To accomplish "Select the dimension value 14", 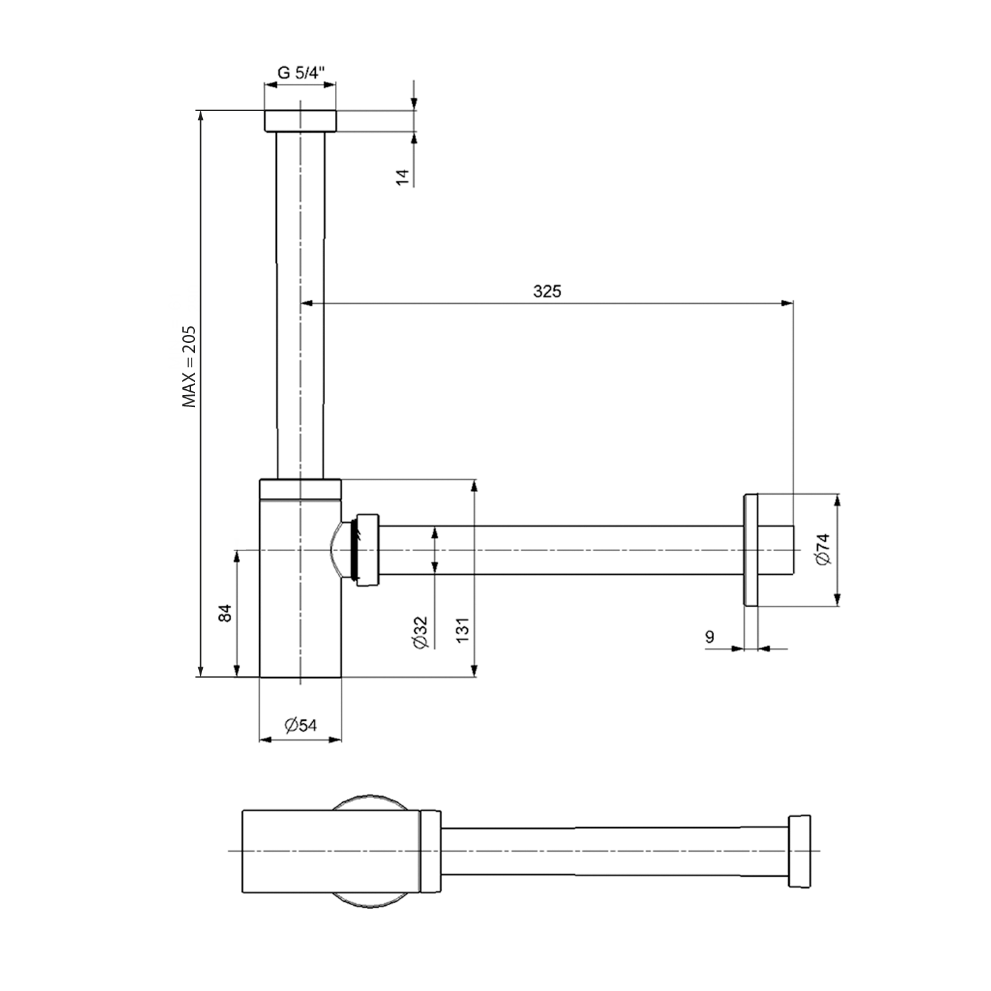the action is tap(403, 176).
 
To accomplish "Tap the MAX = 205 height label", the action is tap(190, 365).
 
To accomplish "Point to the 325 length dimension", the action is tap(547, 291).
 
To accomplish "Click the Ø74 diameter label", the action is tap(823, 549).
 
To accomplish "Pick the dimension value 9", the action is tap(710, 637).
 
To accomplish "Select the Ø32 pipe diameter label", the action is tap(421, 633).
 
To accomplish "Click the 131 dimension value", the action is tap(462, 630).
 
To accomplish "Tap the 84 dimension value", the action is tap(226, 613).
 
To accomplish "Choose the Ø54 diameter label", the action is tap(301, 725).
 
